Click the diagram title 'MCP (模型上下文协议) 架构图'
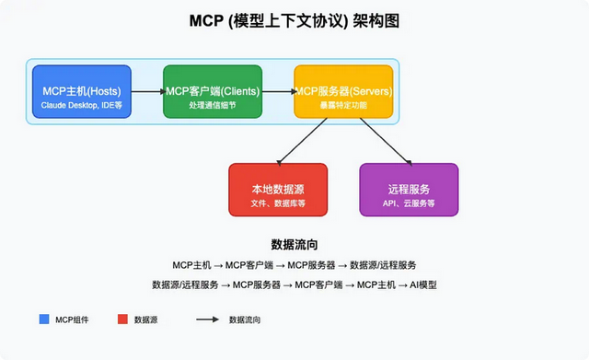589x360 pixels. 294,21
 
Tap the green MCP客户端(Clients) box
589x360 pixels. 213,92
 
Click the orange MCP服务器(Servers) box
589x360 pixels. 343,92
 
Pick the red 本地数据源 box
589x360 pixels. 277,190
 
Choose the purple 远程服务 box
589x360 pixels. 408,190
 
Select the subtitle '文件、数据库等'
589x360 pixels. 277,202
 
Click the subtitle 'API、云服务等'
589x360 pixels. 408,202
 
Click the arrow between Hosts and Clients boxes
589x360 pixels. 147,92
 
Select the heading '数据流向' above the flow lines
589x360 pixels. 294,245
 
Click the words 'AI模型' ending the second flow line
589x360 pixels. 434,285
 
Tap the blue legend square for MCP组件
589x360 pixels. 44,319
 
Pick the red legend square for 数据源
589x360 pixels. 121,319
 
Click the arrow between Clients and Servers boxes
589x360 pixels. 278,92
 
